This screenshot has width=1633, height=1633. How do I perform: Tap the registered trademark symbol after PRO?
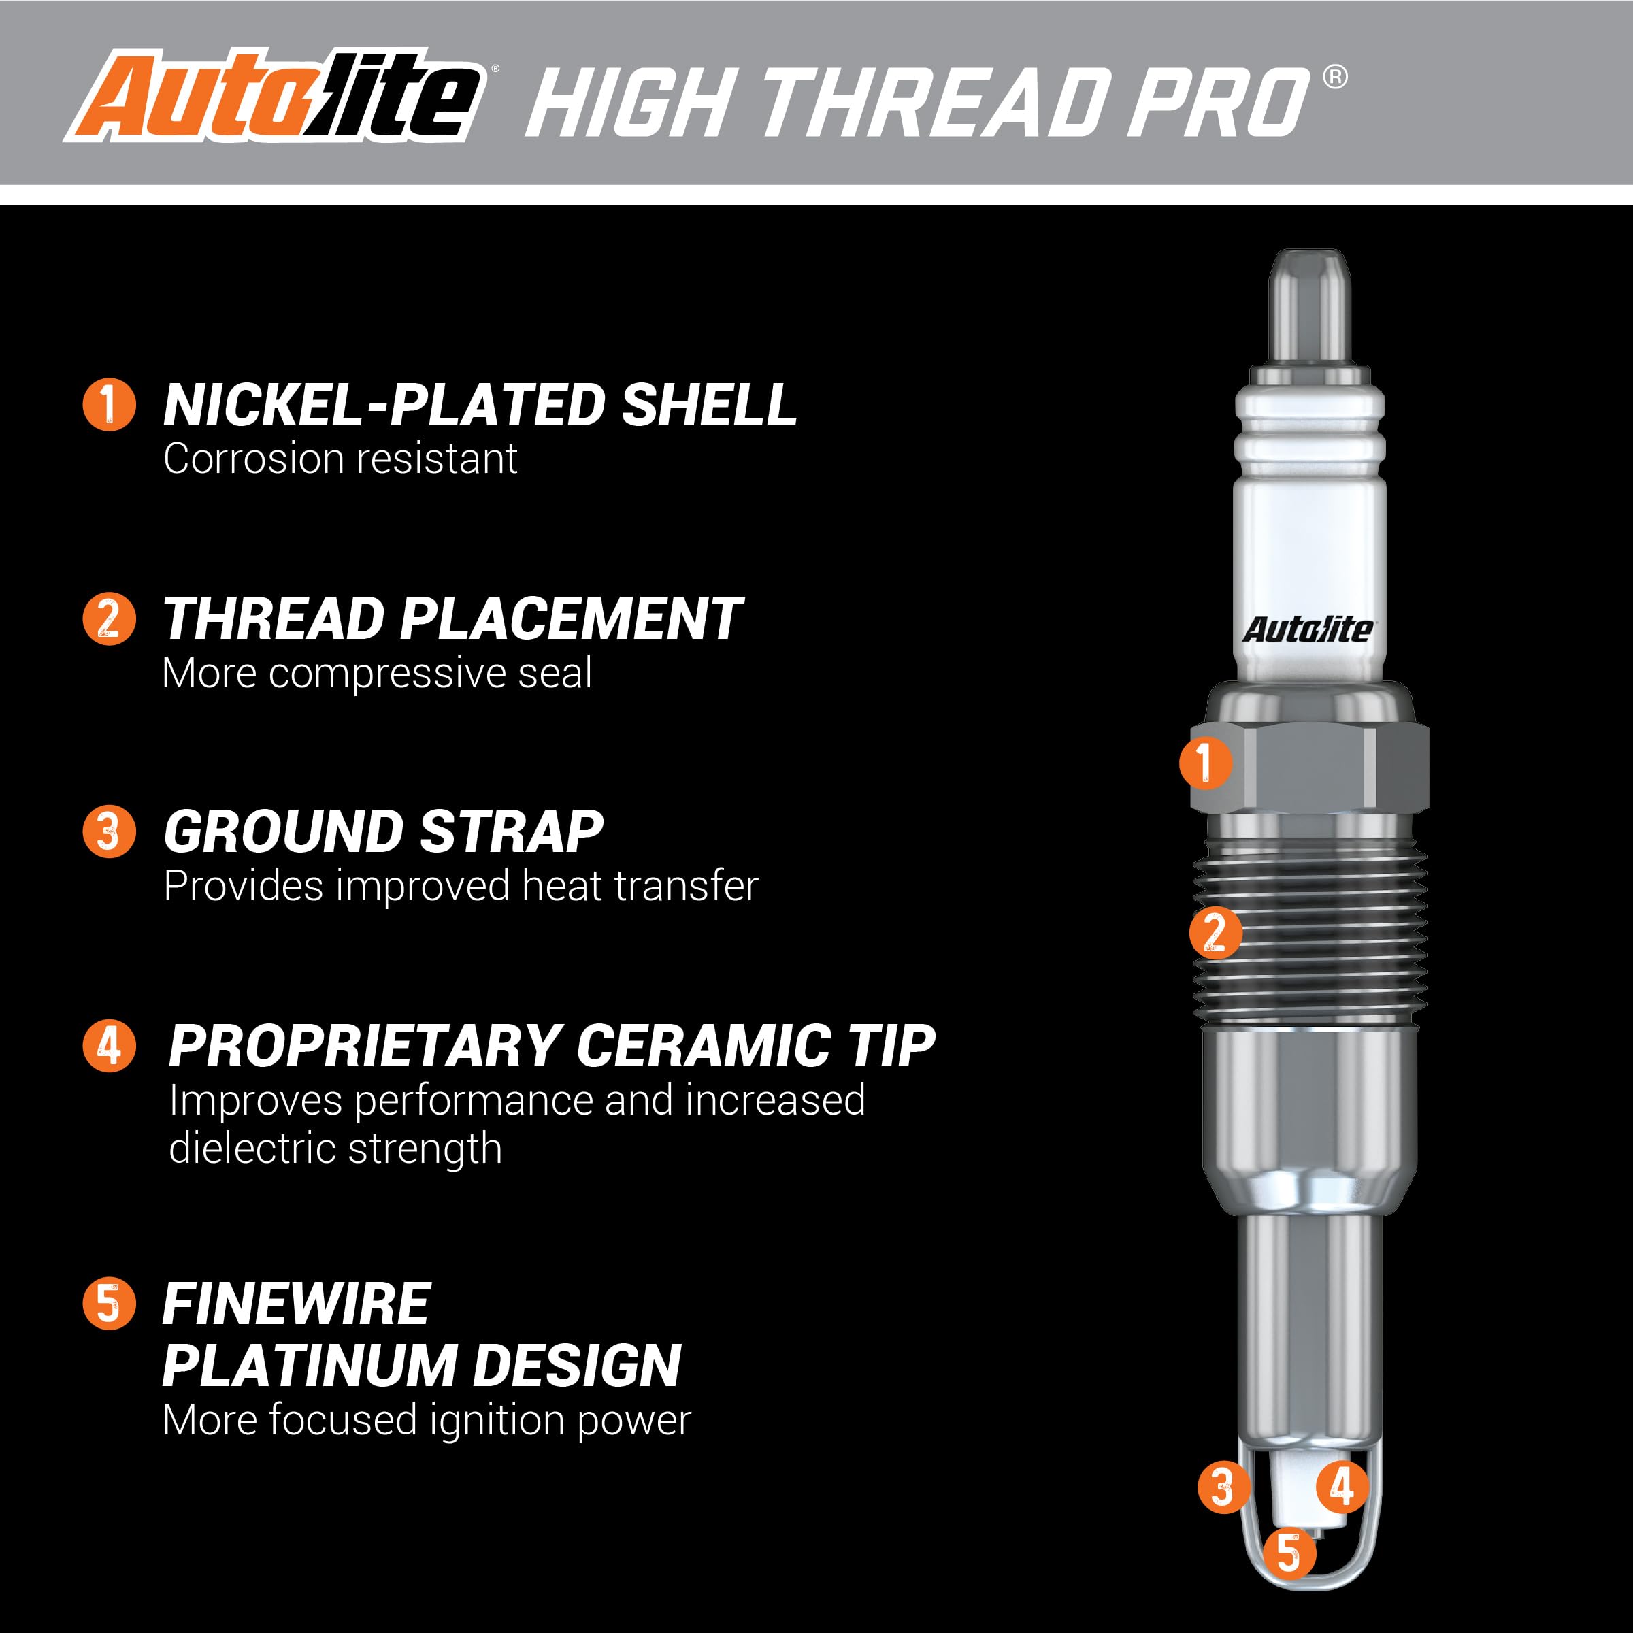1334,78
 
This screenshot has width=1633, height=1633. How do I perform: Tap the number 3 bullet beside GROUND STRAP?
109,831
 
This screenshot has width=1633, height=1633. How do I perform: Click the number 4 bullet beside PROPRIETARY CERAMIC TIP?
109,1046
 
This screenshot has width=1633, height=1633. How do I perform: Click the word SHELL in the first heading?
708,405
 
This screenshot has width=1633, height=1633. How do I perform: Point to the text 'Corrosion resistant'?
340,459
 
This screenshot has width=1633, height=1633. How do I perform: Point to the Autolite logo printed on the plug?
1306,629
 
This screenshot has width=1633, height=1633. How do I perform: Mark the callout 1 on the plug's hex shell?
1205,761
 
